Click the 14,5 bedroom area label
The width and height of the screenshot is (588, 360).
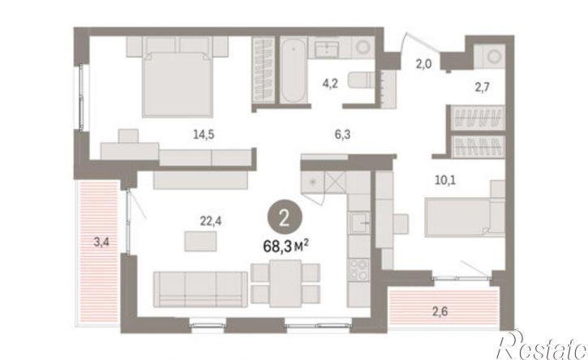coord(204,135)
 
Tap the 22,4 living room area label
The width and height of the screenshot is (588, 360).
coord(210,221)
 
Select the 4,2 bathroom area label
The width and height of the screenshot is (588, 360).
coord(330,84)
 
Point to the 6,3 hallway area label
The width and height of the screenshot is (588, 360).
coord(342,135)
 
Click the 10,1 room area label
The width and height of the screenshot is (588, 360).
coord(445,180)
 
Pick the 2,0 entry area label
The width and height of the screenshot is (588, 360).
coord(423,65)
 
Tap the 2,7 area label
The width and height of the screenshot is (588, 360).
coord(483,88)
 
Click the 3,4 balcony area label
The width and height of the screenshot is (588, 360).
coord(101,242)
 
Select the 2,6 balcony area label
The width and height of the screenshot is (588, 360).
coord(440,311)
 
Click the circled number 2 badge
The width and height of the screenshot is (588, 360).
coord(285,217)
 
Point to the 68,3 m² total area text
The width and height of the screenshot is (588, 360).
coord(286,246)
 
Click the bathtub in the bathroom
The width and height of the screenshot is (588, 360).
coord(294,71)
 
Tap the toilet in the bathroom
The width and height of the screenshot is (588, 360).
coord(361,80)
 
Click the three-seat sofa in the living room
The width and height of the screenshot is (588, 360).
coord(200,289)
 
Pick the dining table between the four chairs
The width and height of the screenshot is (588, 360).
coord(285,284)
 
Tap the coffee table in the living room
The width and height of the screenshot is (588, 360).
coord(200,241)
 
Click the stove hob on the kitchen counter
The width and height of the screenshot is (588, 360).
coord(358,270)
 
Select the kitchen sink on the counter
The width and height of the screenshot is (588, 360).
coord(359,222)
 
